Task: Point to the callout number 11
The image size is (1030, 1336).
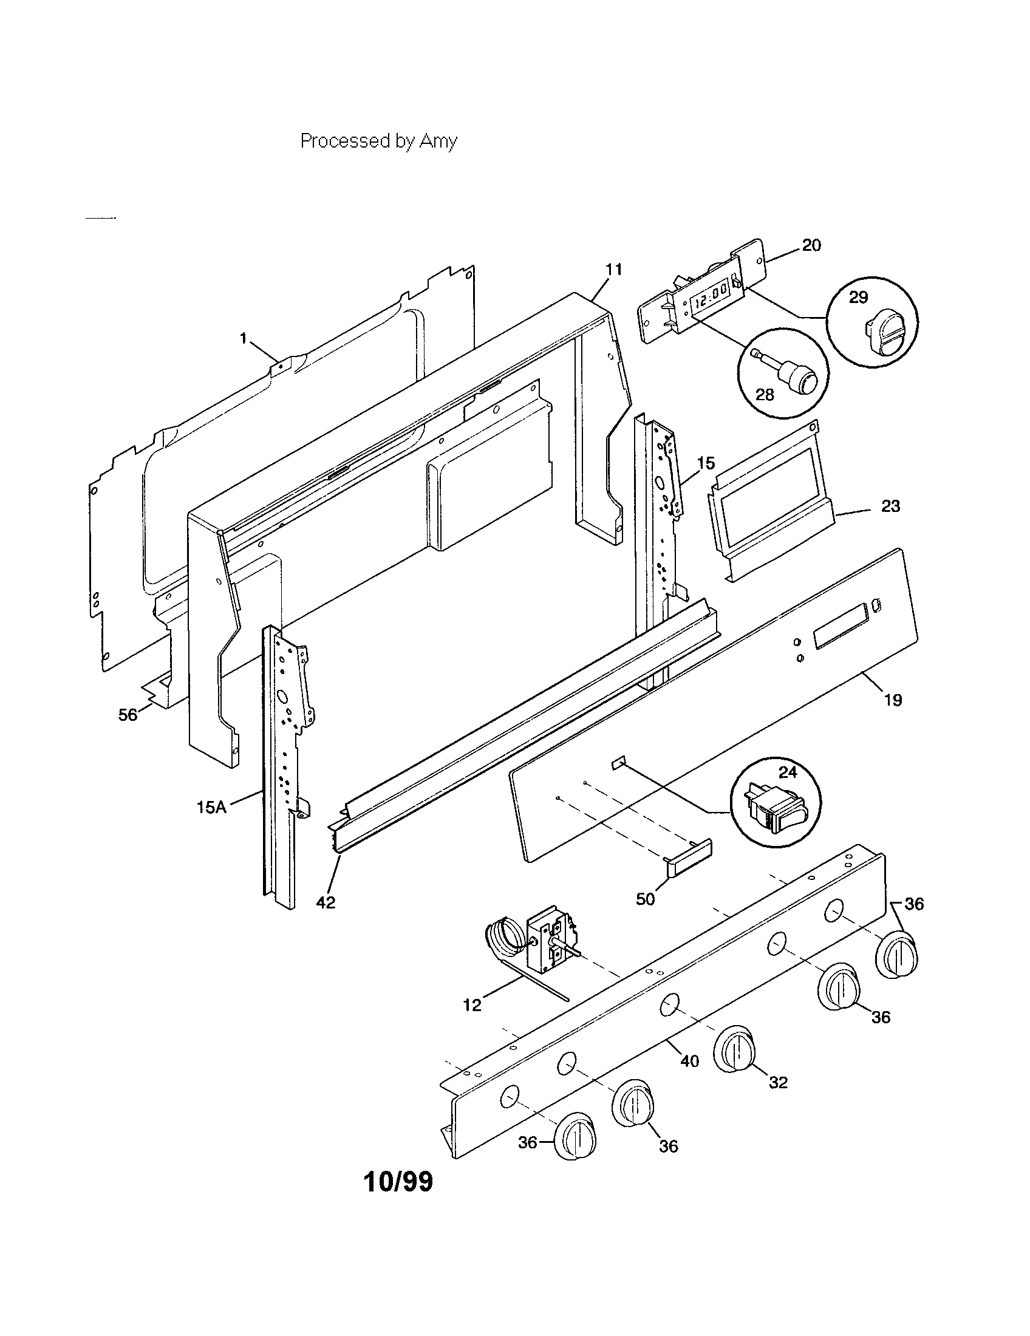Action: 613,269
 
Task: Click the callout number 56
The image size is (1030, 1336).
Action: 128,715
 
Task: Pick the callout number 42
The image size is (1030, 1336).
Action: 326,902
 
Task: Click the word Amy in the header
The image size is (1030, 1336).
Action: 438,141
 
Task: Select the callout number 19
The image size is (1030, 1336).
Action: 893,700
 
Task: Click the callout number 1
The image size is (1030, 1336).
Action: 243,337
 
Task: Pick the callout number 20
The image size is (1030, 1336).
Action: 811,245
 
